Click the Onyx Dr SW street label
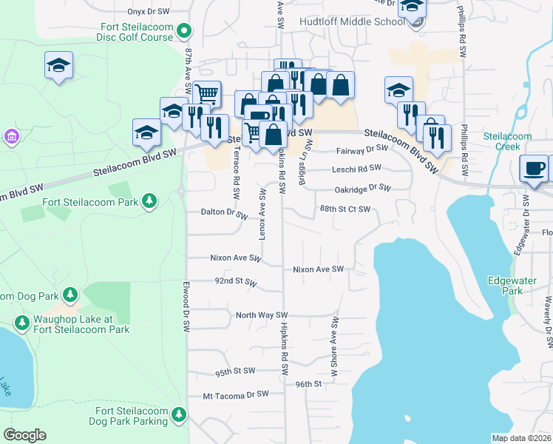[148, 12]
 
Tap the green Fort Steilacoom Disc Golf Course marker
[186, 31]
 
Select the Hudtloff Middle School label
[352, 21]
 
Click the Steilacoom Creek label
[507, 142]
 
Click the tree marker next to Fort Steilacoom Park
[149, 201]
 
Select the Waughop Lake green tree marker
[21, 323]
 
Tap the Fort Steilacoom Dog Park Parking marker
[179, 416]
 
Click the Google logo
[24, 435]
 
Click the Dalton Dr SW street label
[223, 212]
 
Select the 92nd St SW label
[235, 283]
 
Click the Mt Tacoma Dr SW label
[235, 396]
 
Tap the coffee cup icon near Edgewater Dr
[534, 167]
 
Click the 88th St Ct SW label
[344, 209]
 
